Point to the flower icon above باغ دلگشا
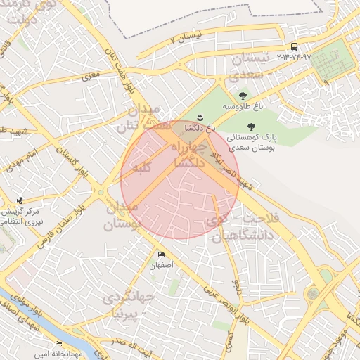click(x=199, y=117)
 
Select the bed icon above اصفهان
click(x=161, y=255)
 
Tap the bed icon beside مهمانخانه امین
click(x=58, y=343)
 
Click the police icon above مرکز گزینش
click(x=20, y=200)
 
